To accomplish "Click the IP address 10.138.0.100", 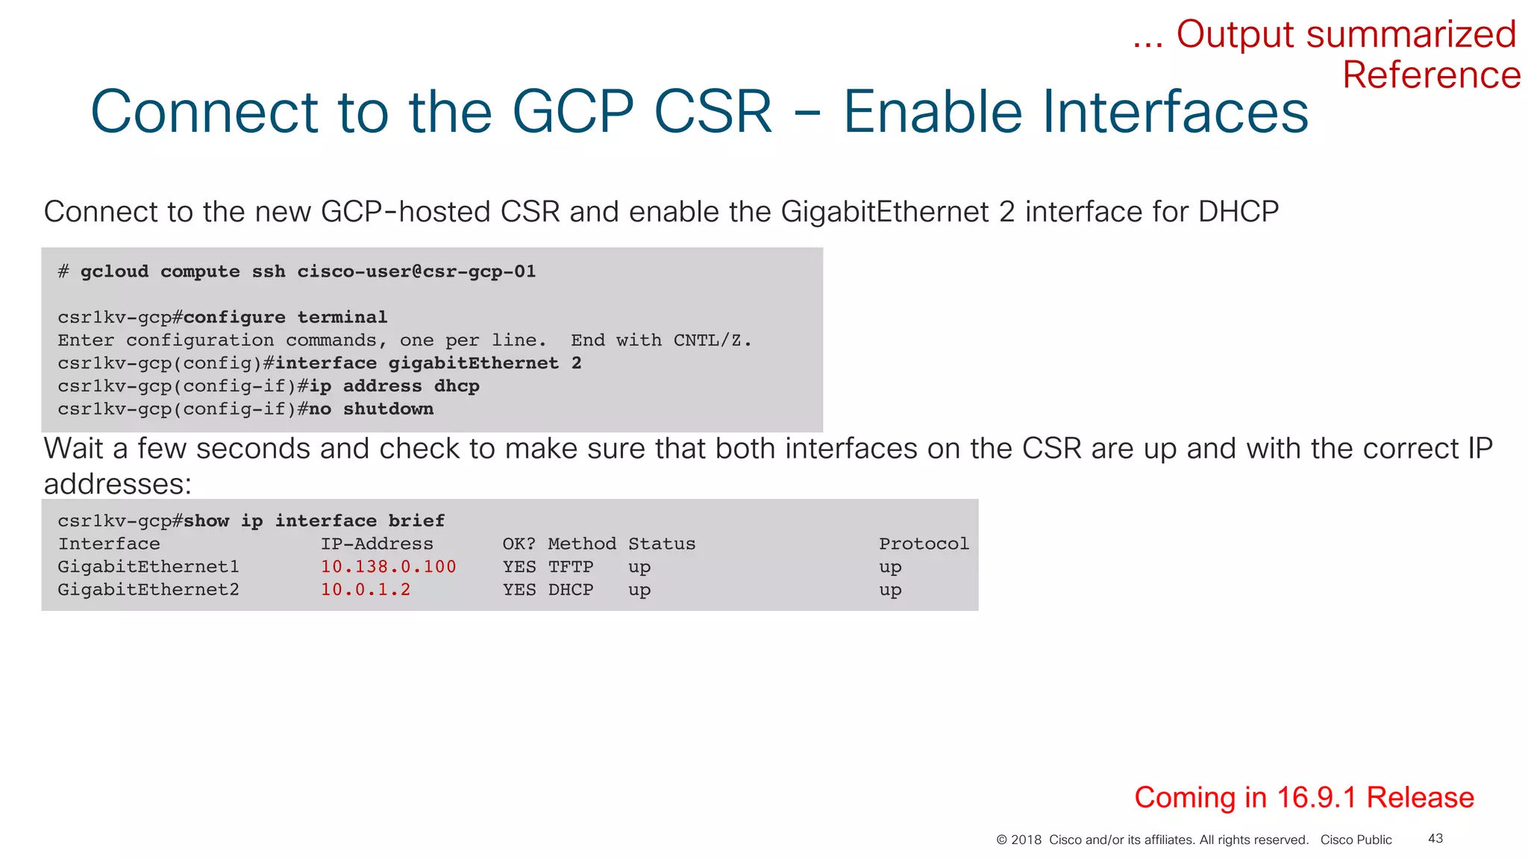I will click(388, 567).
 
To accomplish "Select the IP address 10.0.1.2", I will click(366, 590).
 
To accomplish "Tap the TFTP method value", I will click(571, 567).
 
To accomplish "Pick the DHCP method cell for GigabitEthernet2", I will click(571, 590).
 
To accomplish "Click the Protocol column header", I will click(924, 544).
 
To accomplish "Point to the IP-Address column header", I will click(377, 544).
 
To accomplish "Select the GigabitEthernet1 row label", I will click(148, 567).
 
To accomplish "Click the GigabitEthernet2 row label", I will click(148, 590).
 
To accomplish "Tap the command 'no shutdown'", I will click(371, 409).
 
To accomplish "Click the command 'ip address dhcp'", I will click(394, 386).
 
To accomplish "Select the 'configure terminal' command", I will click(285, 317).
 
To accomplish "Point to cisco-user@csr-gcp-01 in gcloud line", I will click(416, 271).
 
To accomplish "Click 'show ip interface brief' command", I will click(314, 520).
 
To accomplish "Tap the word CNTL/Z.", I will click(711, 340).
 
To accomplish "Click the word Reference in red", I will click(1430, 75).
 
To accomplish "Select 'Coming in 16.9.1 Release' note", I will click(1303, 797).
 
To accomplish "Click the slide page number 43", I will click(1435, 839).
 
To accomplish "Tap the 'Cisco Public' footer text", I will click(1356, 840).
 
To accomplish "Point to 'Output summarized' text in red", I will click(1345, 34).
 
